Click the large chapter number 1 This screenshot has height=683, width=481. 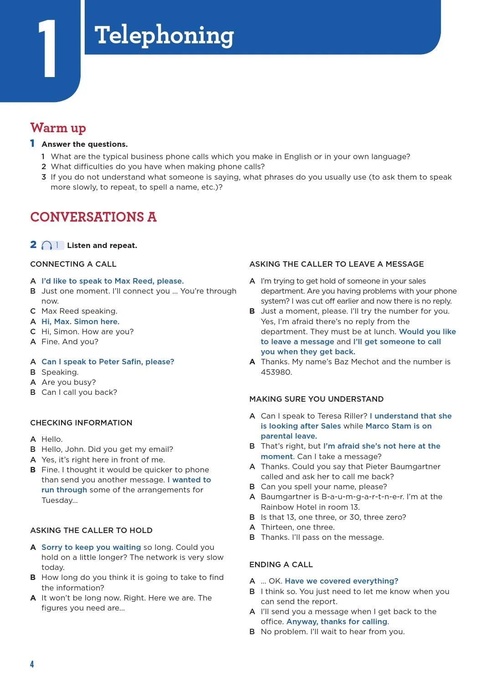coord(47,49)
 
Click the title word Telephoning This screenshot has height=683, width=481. coord(164,36)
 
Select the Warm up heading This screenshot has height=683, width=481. coord(58,128)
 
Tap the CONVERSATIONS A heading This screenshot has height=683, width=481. coord(93,217)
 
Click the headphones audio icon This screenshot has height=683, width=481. coord(46,246)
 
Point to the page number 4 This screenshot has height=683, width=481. coord(32,664)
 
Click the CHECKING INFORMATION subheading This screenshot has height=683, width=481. coord(81,423)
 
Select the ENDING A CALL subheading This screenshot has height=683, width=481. coord(281,564)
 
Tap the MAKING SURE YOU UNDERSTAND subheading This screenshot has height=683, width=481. coord(316,399)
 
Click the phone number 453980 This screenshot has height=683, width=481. coord(276,372)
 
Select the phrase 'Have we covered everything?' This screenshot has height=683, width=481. coord(341,581)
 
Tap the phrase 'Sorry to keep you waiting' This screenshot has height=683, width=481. coord(91,547)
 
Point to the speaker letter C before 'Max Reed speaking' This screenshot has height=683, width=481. coord(33,311)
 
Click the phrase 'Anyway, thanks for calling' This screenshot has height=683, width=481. coord(337,621)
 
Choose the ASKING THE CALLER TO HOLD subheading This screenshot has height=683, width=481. coord(91,530)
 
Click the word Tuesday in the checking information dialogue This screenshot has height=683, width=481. coord(57,500)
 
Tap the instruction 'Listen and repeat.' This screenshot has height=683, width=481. coord(102,246)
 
